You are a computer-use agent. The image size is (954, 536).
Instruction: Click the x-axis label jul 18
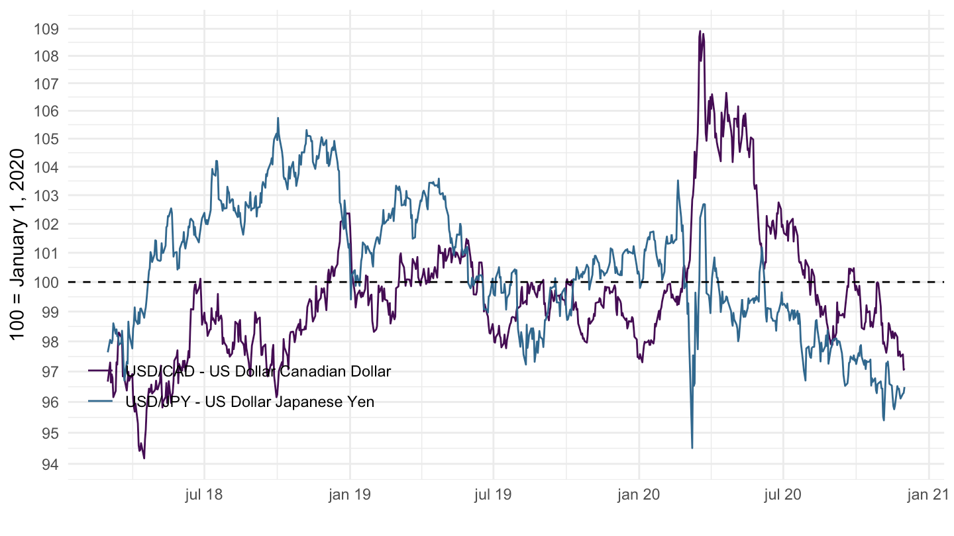tap(204, 495)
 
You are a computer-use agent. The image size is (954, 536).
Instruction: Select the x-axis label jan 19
tap(350, 495)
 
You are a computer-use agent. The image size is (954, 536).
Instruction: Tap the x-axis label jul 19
tap(494, 495)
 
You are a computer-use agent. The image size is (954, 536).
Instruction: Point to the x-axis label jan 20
tap(639, 495)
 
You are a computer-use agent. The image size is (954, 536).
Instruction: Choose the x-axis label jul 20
tap(784, 495)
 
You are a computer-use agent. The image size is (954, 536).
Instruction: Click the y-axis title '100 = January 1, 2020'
tap(18, 244)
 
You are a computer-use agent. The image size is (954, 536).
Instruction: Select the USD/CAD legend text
tap(258, 371)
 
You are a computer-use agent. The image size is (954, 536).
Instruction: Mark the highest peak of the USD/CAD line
tap(700, 31)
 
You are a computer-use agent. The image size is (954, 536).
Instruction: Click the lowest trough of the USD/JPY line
tap(692, 448)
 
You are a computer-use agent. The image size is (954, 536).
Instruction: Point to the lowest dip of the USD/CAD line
tap(144, 458)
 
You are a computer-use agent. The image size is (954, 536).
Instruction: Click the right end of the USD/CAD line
tap(904, 369)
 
